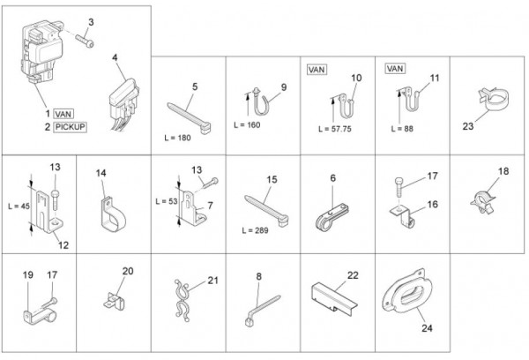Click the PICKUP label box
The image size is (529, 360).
71,127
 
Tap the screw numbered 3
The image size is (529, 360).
85,41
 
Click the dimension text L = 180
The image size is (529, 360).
177,138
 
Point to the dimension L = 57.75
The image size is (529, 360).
335,129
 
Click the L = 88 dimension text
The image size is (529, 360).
402,129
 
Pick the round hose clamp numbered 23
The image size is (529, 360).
493,100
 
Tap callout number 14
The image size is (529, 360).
101,173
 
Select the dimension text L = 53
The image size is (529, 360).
167,201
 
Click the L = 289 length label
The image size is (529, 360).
255,230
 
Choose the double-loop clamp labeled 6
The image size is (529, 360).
332,217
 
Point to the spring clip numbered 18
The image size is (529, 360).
483,201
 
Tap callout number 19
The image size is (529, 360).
28,275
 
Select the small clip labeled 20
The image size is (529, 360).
114,301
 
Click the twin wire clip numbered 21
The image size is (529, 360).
183,299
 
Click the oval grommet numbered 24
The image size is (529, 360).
407,291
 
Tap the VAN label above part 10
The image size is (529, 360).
317,70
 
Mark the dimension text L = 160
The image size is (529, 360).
247,125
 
